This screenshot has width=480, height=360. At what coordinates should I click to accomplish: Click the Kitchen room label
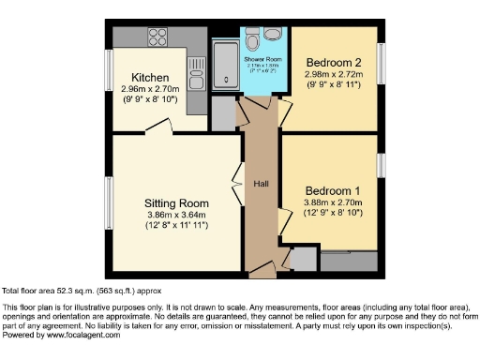[x=150, y=77]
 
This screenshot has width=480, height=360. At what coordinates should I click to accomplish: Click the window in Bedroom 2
[x=382, y=67]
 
